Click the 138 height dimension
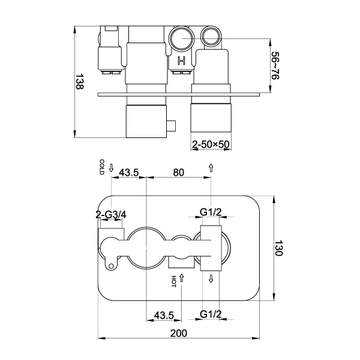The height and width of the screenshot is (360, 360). tap(80, 82)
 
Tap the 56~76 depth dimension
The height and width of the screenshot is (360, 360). tap(275, 65)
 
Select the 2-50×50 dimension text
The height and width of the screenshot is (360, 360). tap(211, 145)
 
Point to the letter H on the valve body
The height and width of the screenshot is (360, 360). tap(181, 61)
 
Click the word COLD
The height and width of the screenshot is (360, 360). tap(102, 167)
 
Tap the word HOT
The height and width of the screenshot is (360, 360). tap(173, 281)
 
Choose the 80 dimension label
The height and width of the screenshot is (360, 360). tap(179, 172)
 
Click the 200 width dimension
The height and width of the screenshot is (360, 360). tap(179, 333)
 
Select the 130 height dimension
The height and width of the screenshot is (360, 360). tap(279, 248)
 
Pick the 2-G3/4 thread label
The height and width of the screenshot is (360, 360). tap(111, 215)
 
